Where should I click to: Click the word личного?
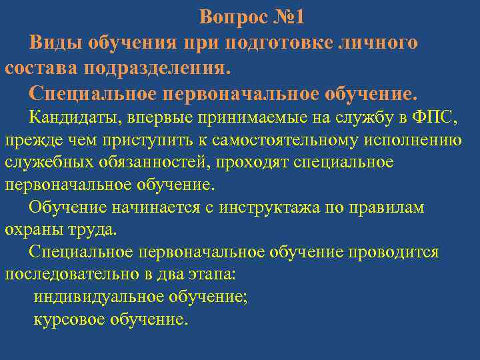[379, 43]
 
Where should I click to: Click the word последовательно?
[69, 274]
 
